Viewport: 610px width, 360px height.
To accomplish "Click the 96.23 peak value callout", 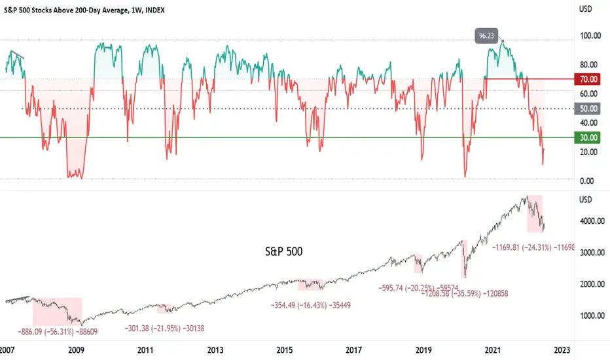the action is click(486, 36).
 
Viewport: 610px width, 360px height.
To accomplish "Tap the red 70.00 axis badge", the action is click(587, 79).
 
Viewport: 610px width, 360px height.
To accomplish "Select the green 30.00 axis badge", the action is click(587, 137).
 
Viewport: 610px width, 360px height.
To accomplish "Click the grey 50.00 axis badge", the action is click(587, 109).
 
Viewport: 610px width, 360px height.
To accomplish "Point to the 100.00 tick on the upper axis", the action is click(590, 36).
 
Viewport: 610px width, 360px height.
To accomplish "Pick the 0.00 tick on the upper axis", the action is click(587, 181).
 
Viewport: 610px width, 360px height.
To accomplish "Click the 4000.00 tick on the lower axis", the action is click(591, 221).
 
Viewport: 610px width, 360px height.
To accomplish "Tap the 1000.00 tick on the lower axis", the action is click(591, 315).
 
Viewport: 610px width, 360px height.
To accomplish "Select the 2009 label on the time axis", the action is click(76, 350).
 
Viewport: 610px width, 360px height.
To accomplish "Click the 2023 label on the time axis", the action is click(562, 350).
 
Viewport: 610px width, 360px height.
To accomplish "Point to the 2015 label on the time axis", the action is click(284, 350).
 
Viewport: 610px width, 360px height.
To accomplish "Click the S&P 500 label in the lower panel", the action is click(283, 251).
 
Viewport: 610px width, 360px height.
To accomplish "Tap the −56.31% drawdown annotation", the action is click(58, 332).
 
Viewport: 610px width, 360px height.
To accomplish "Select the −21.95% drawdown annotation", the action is click(164, 329).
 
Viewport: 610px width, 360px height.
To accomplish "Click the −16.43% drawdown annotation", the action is click(310, 306).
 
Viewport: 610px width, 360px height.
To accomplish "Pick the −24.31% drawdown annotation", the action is click(533, 247).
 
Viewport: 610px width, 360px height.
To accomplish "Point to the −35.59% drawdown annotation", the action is click(465, 293).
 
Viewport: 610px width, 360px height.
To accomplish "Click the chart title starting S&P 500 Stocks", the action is click(84, 10).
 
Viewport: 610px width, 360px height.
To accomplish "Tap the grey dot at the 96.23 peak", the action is click(503, 41).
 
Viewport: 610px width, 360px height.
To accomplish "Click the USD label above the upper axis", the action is click(586, 9).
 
